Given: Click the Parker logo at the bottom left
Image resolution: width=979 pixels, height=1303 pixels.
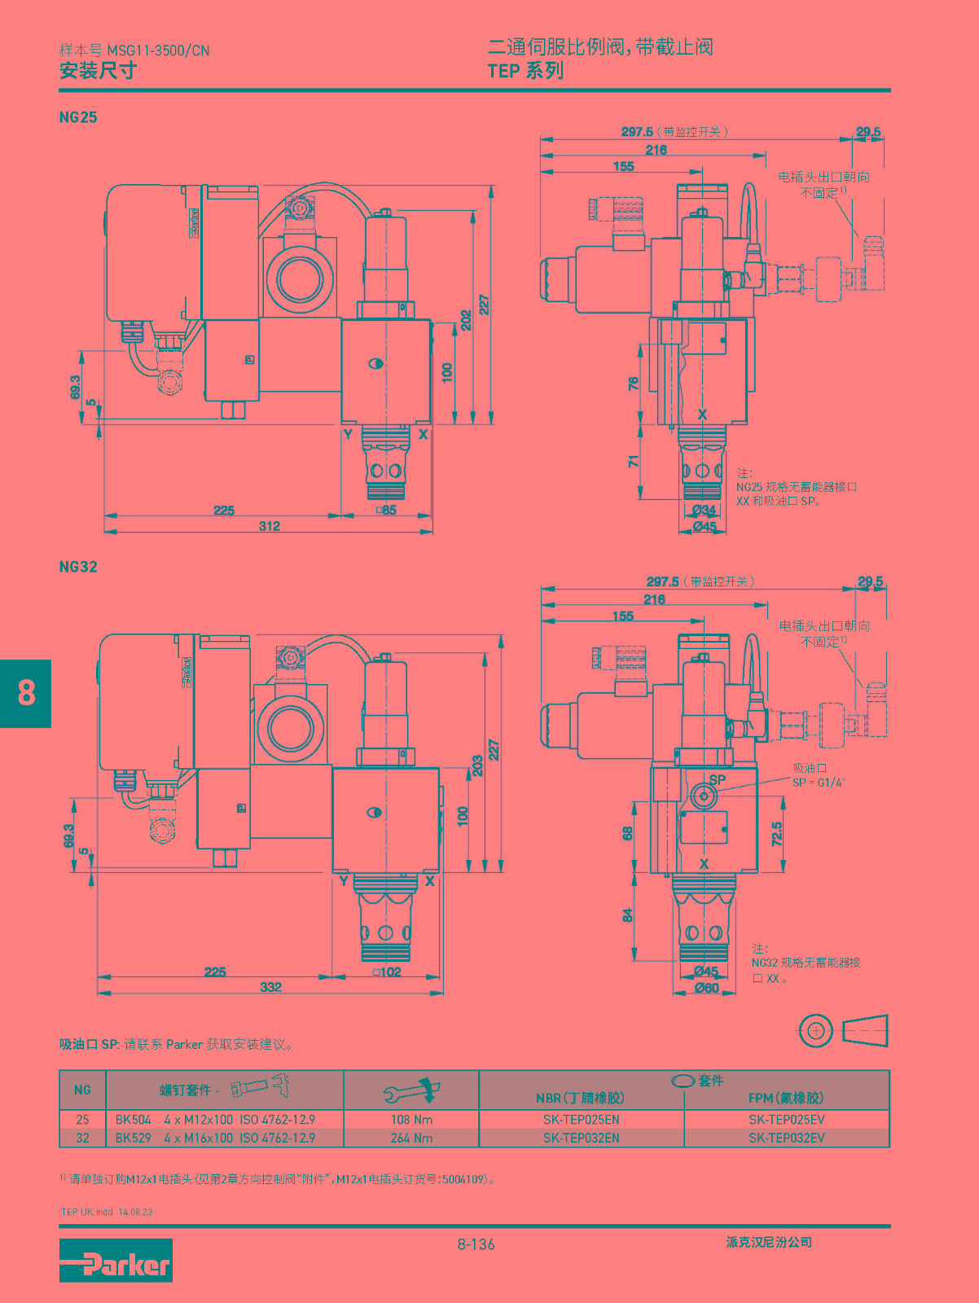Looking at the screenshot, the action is tap(116, 1260).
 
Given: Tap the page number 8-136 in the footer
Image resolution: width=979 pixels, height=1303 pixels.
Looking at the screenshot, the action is tap(476, 1244).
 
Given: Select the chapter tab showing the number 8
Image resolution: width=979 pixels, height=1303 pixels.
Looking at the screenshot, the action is tap(25, 693).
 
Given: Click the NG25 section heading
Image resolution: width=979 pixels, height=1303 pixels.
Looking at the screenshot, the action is tap(78, 117).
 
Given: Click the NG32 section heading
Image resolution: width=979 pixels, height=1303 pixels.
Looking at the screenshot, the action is tap(78, 566).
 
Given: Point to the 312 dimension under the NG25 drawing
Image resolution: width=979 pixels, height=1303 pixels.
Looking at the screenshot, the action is tap(270, 526).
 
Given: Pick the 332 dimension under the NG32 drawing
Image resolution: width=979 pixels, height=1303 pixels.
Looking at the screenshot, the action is tap(270, 986).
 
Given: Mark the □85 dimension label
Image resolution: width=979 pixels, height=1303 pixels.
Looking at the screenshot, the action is tap(387, 510).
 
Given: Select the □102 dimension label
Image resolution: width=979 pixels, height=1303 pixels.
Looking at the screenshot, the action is tap(387, 972).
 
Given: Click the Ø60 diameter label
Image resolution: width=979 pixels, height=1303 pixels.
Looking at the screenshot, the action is tap(706, 988).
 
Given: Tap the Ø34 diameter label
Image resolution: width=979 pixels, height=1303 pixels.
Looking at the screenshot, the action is tap(705, 510).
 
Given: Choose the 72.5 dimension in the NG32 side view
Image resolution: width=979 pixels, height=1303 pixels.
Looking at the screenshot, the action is tap(777, 833).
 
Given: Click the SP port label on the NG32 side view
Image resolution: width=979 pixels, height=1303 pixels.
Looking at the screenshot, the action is tap(718, 779).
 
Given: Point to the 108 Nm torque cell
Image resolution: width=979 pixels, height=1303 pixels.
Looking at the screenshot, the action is tap(411, 1120).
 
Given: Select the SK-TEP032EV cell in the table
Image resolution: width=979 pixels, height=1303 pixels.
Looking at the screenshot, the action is tap(787, 1138).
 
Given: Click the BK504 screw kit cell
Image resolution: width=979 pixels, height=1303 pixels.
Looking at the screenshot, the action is tap(133, 1120).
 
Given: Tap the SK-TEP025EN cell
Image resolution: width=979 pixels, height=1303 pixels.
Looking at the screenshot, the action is tap(582, 1120).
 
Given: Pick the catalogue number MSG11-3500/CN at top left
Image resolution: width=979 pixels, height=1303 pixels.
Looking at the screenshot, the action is tap(159, 50).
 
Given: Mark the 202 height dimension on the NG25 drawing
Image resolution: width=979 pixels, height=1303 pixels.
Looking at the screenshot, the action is tap(466, 321).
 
